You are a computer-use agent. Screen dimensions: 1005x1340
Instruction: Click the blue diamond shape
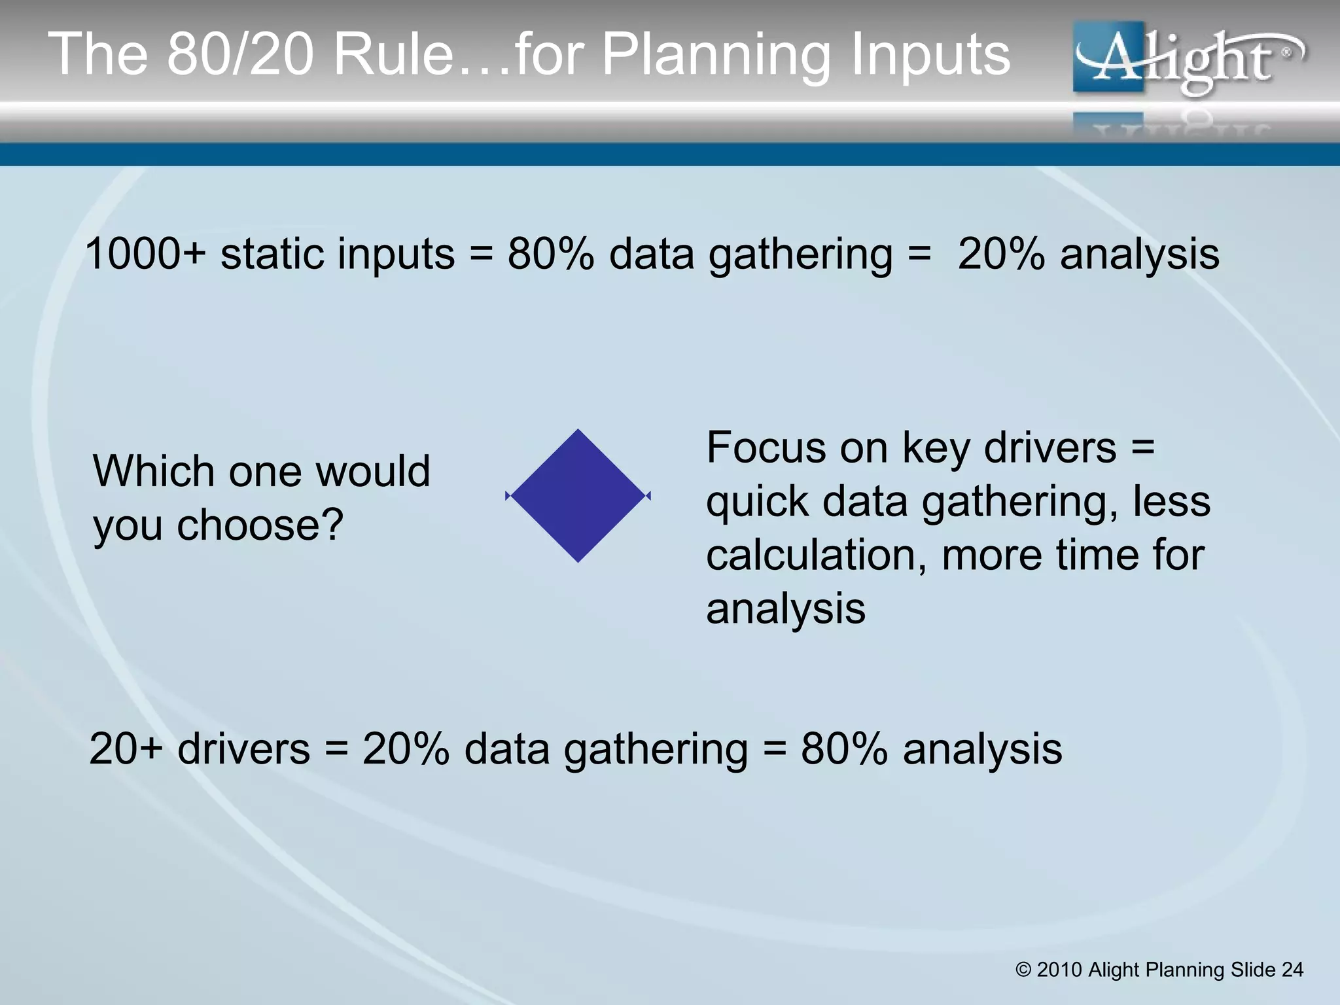click(x=578, y=496)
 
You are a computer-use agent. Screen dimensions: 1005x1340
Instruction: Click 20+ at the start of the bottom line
click(x=126, y=749)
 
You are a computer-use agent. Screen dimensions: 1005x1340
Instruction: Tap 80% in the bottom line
click(x=844, y=749)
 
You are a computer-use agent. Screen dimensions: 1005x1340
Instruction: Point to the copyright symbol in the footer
click(x=1023, y=970)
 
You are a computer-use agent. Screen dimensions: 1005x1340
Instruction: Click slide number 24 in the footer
click(x=1292, y=970)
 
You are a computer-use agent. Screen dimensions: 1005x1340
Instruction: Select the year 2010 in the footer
click(x=1059, y=970)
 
